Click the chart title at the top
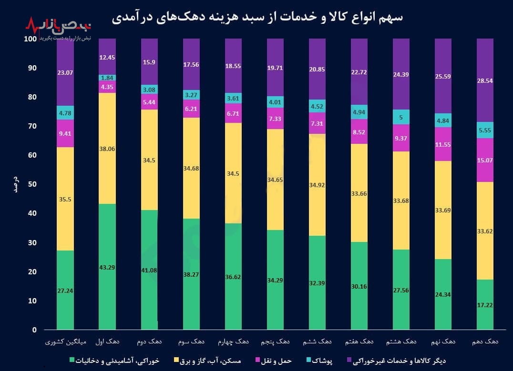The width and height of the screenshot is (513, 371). [257, 18]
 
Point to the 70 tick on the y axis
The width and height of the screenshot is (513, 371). [31, 126]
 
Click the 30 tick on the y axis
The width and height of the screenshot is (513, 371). [31, 242]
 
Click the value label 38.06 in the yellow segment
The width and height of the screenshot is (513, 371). [107, 149]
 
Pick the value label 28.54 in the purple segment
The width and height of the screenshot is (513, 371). [485, 80]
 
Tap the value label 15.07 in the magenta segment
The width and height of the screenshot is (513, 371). [485, 160]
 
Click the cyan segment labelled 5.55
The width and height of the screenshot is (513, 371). [485, 130]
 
